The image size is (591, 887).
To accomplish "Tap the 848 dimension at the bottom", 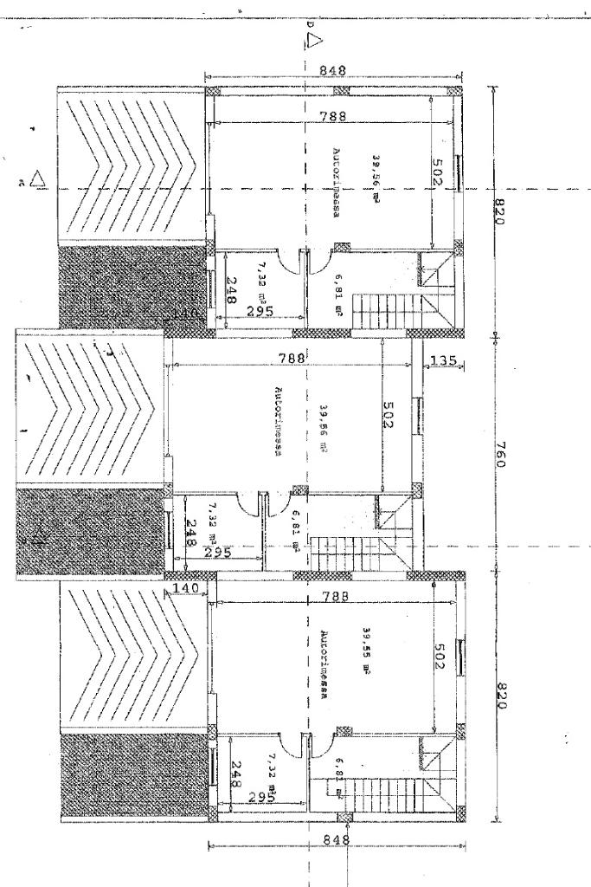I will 334,838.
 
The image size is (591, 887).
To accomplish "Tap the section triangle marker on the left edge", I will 37,180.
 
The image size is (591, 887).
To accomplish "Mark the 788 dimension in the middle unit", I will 290,357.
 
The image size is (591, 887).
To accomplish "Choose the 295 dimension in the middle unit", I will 218,551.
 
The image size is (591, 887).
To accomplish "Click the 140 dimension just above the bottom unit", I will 185,588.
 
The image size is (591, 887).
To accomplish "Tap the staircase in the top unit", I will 394,305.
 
